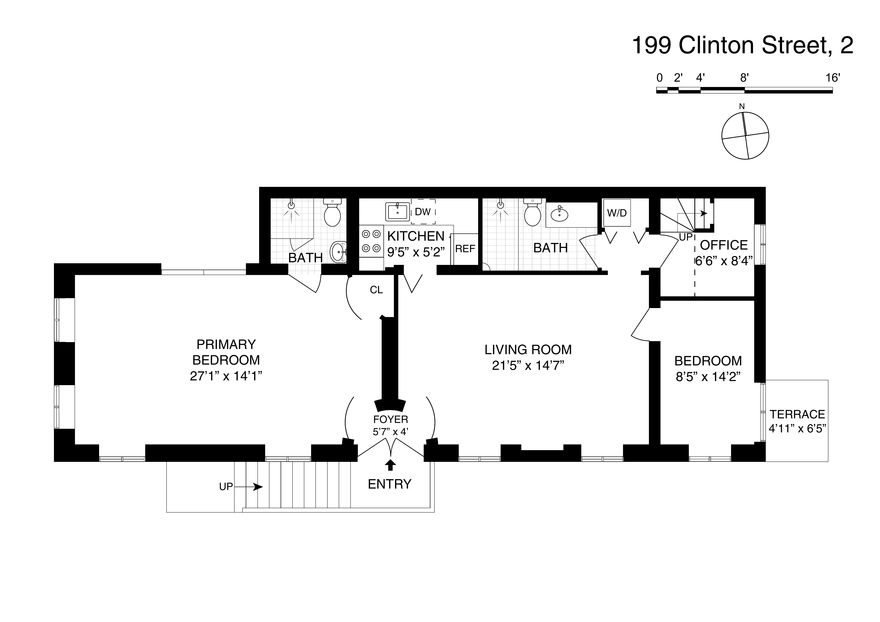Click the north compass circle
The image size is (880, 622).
(745, 136)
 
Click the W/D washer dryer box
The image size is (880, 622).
(617, 213)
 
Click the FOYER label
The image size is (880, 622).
(391, 419)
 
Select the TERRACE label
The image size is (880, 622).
(797, 414)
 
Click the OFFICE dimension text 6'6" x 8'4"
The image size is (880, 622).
(724, 261)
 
